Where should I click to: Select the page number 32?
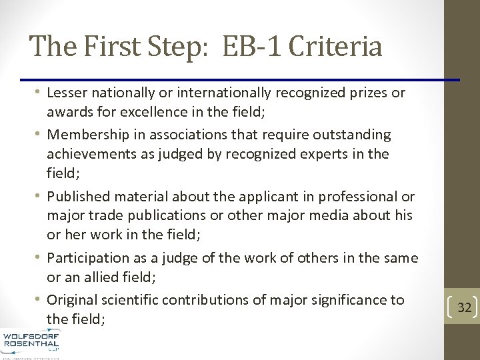tap(465, 307)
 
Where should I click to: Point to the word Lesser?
tap(68, 93)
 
